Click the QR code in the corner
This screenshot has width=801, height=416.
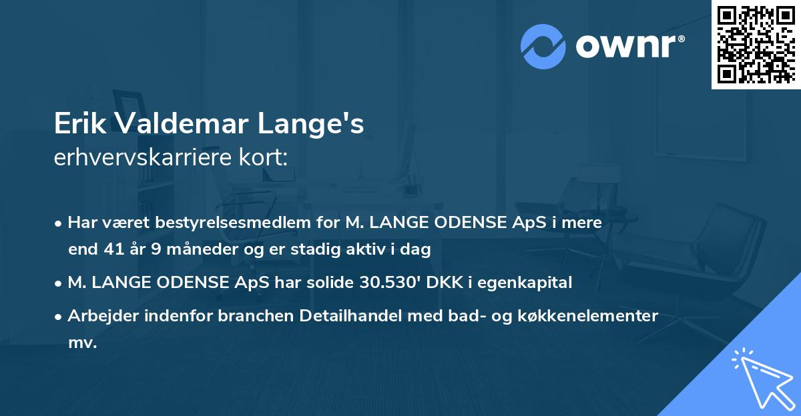pos(756,44)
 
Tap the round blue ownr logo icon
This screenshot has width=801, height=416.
pos(543,47)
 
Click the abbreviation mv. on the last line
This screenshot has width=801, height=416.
pos(82,343)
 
